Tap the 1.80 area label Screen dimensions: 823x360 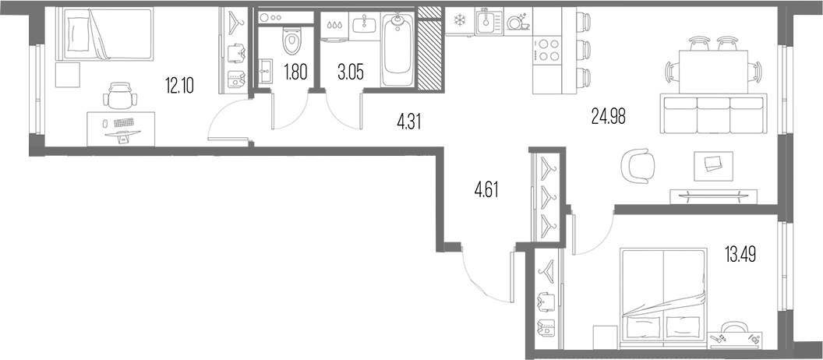(295, 72)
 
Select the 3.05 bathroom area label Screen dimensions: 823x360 (351, 72)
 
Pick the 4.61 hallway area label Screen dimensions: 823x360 (486, 189)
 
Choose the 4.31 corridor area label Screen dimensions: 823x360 (409, 122)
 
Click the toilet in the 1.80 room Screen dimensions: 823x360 (290, 40)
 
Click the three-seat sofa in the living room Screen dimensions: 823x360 (713, 115)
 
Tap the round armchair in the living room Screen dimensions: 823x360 (638, 165)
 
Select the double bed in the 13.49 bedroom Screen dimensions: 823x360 (663, 298)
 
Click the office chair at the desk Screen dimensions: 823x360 (120, 96)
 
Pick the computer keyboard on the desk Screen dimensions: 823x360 (123, 123)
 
